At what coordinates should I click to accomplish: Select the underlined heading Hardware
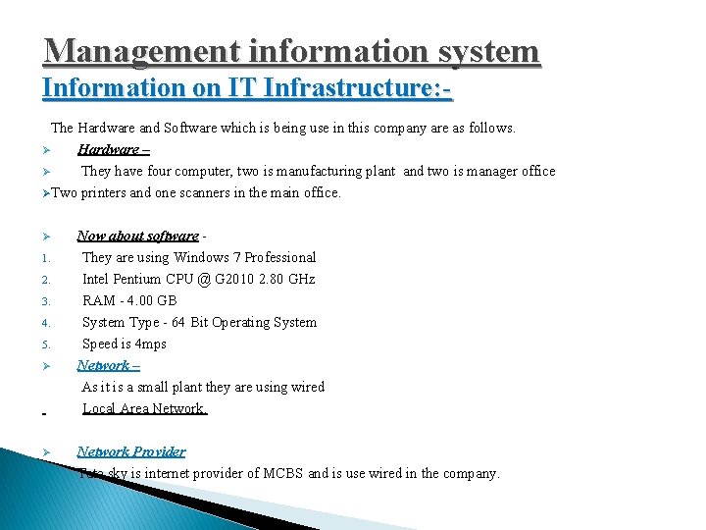click(108, 149)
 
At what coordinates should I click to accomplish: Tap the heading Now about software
click(137, 236)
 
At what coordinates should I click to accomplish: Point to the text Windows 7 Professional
click(245, 257)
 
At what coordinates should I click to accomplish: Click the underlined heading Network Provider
click(131, 451)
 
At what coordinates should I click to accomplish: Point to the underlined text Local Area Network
click(144, 408)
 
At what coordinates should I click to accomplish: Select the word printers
click(103, 192)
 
